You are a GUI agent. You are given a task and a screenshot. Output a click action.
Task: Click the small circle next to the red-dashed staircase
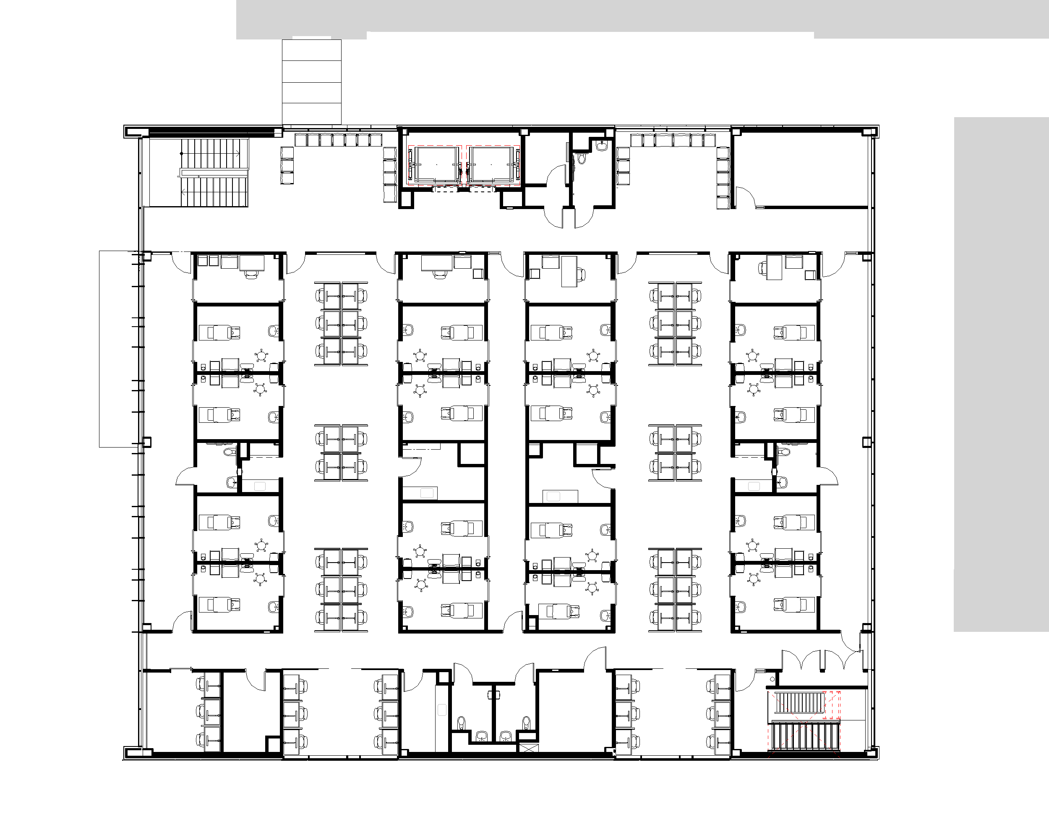pyautogui.click(x=772, y=679)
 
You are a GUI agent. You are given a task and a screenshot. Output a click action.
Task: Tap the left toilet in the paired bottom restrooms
pyautogui.click(x=462, y=722)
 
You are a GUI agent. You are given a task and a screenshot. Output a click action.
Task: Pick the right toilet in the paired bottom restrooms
pyautogui.click(x=527, y=722)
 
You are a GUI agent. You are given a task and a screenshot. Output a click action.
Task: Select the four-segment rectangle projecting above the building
pyautogui.click(x=311, y=82)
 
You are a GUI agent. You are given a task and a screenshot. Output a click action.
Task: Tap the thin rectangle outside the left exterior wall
pyautogui.click(x=117, y=349)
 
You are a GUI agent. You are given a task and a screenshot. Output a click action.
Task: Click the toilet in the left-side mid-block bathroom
pyautogui.click(x=229, y=452)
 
